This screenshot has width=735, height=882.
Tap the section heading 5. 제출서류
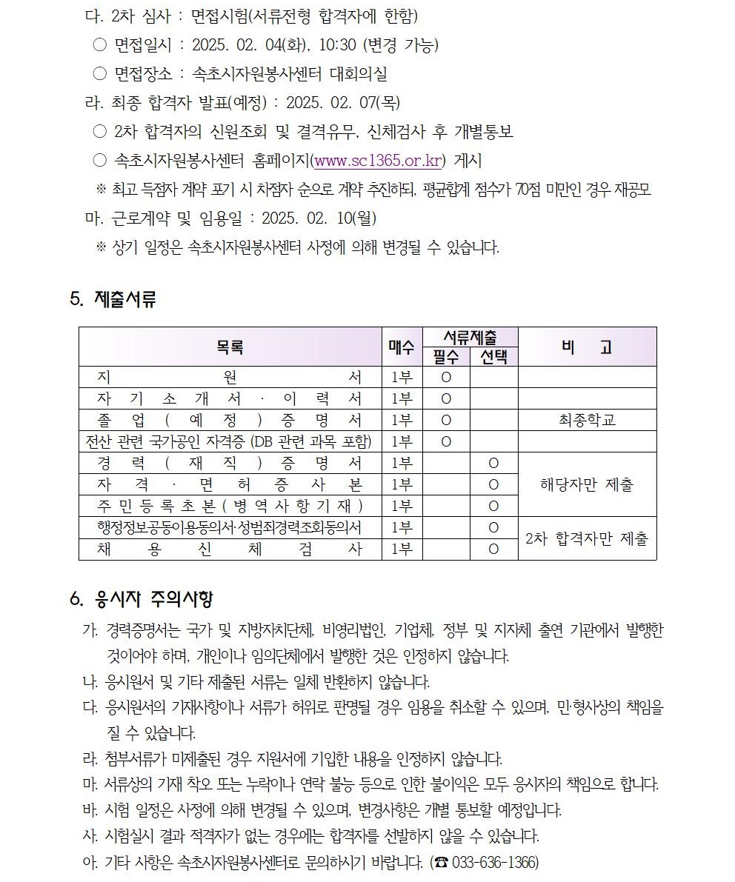pos(113,300)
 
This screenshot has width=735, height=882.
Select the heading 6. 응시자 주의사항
pos(142,598)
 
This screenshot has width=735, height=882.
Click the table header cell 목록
pos(230,347)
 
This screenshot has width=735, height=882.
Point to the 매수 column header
pos(402,347)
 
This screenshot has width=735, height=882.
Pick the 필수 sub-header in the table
pos(446,357)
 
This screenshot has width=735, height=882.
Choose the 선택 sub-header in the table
pos(493,357)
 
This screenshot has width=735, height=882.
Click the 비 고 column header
pos(587,347)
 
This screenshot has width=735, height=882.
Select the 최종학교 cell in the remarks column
pos(587,420)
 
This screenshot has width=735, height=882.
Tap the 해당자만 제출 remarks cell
pos(587,484)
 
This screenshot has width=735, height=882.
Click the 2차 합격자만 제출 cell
pos(587,538)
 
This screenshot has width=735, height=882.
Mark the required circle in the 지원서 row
pos(446,377)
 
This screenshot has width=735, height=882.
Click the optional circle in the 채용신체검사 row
pos(493,549)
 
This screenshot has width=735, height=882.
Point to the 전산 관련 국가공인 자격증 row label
pos(230,441)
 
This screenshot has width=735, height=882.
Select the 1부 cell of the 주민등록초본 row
pos(402,506)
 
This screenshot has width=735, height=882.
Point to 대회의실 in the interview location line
pos(359,74)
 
